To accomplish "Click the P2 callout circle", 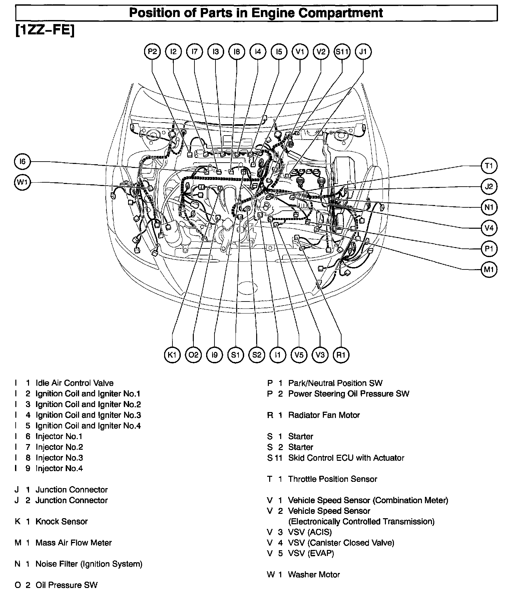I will pos(152,52).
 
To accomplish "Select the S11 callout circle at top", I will pos(342,52).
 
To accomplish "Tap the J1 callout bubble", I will pos(363,52).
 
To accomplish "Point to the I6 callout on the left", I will pos(22,162).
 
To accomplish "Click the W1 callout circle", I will pos(22,182).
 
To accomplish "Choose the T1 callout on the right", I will pos(489,166).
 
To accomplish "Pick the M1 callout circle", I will pos(489,269).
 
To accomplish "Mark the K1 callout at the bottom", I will pos(172,355).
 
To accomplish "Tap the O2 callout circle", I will pos(193,355).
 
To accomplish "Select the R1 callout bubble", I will pos(341,355).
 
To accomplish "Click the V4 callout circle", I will pos(489,228).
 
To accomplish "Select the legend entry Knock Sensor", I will pos(61,522).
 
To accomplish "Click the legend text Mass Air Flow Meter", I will pos(73,543).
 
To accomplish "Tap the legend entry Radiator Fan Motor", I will pos(324,415).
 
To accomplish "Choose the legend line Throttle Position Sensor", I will pos(332,479).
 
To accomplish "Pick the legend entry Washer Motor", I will pos(314,575).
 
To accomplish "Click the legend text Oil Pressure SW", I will pos(66,585).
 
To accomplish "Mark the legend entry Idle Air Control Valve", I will pos(74,383).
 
